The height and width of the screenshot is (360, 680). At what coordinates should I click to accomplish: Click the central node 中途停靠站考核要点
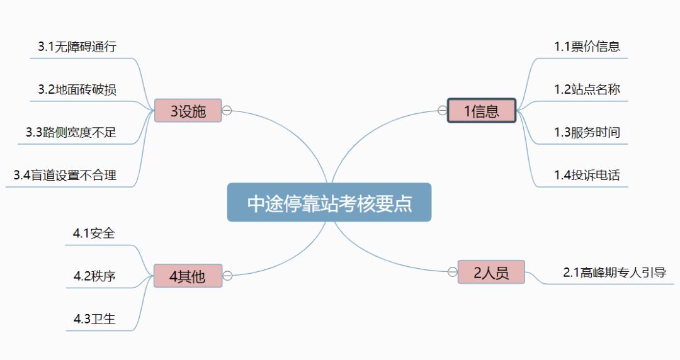tap(329, 203)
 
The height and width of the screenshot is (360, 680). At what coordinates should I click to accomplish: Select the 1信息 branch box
tap(482, 111)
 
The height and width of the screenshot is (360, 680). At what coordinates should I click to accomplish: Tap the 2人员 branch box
tap(491, 272)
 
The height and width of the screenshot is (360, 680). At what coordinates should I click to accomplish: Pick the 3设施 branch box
tap(188, 111)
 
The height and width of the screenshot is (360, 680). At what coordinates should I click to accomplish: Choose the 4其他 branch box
tap(188, 276)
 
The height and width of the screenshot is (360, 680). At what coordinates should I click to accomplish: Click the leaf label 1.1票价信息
tap(587, 47)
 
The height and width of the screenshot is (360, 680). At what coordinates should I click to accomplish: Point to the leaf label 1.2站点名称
tap(587, 89)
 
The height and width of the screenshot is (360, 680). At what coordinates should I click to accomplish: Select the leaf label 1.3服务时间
tap(587, 132)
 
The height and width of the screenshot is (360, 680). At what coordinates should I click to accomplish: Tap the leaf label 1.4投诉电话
tap(587, 175)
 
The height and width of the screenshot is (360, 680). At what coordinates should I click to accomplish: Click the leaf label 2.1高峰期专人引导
tap(615, 273)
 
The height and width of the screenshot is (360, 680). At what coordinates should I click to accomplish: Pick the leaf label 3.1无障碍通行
tap(77, 47)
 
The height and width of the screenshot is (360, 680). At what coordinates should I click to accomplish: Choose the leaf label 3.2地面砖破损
tap(77, 89)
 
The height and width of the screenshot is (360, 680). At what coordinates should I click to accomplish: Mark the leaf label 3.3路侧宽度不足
tap(71, 132)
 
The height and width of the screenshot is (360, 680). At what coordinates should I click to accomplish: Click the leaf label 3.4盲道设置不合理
tap(65, 175)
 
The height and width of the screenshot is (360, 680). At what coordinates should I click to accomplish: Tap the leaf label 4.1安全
tap(94, 233)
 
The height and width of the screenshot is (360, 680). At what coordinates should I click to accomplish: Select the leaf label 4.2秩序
tap(94, 276)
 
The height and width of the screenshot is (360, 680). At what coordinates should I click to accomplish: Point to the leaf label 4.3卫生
tap(94, 318)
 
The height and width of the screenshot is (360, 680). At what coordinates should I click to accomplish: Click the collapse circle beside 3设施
tap(227, 110)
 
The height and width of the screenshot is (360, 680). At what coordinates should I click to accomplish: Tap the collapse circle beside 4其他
tap(227, 275)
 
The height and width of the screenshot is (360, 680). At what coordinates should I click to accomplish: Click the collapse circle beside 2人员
tap(452, 272)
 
